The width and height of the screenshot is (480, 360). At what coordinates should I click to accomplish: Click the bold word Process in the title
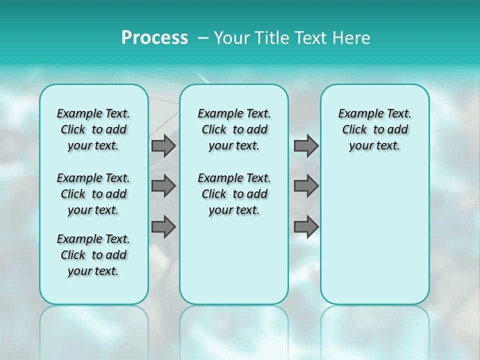click(x=154, y=38)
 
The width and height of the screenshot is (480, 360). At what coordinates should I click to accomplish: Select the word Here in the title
click(x=352, y=38)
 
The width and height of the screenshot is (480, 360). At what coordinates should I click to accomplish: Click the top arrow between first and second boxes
click(x=163, y=145)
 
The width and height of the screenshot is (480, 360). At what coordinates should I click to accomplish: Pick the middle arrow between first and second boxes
click(x=163, y=186)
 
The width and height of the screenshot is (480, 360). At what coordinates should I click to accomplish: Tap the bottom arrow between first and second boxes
click(x=163, y=227)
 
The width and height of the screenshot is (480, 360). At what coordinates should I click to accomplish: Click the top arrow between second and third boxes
click(x=306, y=145)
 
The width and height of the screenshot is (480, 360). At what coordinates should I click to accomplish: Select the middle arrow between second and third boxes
click(x=306, y=186)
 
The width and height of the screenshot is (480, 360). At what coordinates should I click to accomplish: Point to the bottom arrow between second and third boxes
click(x=306, y=227)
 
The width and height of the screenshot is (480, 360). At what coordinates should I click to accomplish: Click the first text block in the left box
click(x=93, y=129)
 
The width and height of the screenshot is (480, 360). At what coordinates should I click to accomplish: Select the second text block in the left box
click(x=93, y=194)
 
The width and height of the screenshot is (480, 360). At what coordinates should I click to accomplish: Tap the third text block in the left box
click(x=93, y=255)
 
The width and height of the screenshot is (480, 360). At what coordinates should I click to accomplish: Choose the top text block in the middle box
click(x=234, y=129)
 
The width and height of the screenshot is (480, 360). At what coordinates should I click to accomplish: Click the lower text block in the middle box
click(x=234, y=194)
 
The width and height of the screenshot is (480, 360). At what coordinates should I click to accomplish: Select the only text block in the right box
click(x=374, y=129)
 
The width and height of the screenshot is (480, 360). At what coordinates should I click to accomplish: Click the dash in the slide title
click(x=203, y=38)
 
